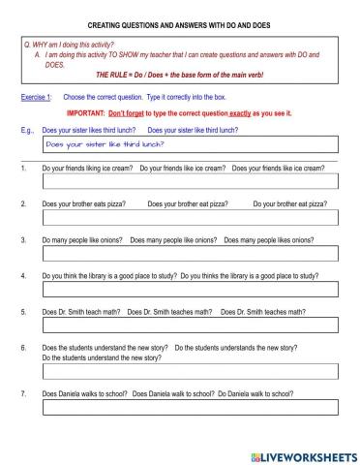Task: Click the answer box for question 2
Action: coord(190,218)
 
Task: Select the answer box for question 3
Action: coord(190,254)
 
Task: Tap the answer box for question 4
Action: coord(190,290)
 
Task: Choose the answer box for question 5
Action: coord(190,325)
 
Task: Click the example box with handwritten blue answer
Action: coord(190,144)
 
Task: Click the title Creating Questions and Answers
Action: coord(180,22)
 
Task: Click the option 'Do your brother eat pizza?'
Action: coord(289,203)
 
